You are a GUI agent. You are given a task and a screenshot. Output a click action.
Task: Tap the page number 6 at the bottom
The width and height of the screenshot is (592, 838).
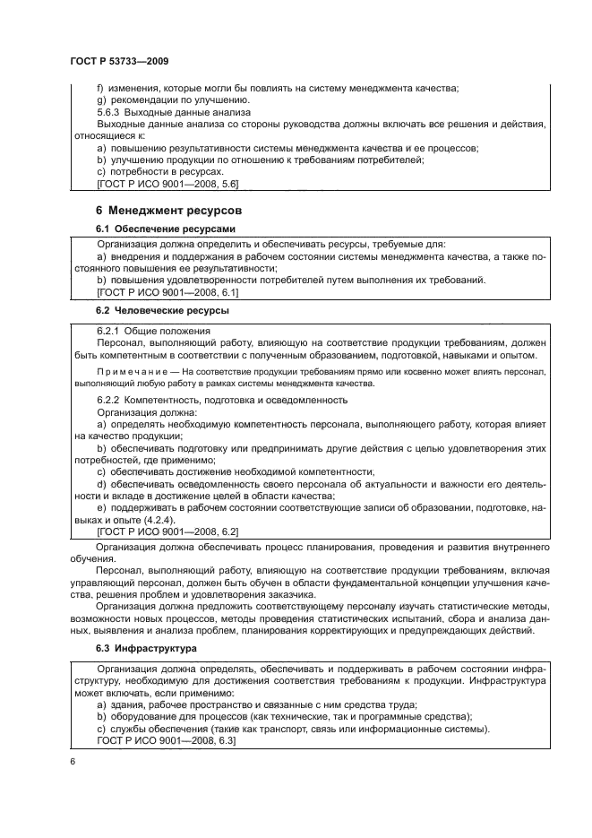72,762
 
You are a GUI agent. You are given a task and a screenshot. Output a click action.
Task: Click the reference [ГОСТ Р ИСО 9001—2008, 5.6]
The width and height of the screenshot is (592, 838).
167,185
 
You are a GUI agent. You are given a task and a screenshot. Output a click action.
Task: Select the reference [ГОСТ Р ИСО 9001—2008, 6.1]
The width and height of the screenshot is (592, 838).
167,292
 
